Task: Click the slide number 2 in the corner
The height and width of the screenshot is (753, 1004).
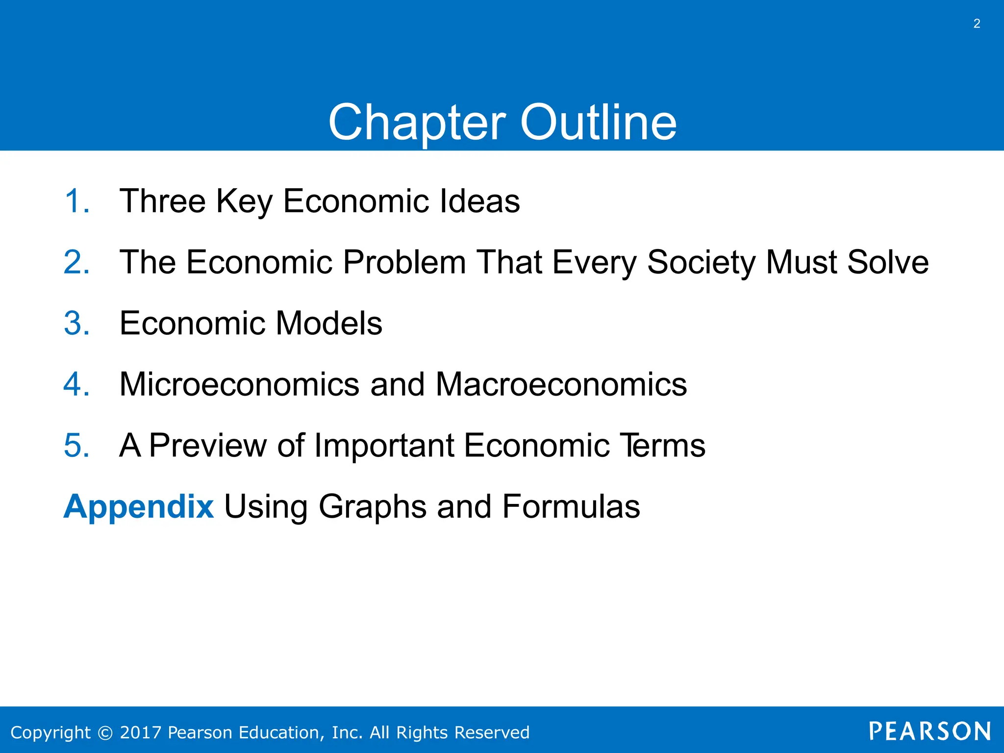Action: point(977,24)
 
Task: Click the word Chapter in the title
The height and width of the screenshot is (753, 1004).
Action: point(417,123)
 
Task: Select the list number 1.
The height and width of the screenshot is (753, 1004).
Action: point(76,201)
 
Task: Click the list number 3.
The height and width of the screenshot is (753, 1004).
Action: point(77,323)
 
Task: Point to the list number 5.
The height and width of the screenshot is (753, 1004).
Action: point(77,445)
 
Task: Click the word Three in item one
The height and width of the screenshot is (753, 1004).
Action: point(163,201)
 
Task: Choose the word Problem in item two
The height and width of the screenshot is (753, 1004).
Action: point(404,262)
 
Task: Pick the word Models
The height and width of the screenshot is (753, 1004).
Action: point(329,323)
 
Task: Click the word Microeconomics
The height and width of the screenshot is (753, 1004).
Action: point(240,384)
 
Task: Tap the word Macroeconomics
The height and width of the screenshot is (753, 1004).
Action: point(561,384)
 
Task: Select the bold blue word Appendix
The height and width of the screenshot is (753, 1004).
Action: point(139,507)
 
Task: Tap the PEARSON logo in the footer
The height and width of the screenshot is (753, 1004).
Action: point(929,731)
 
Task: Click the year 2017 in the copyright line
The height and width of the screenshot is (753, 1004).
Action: point(141,732)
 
